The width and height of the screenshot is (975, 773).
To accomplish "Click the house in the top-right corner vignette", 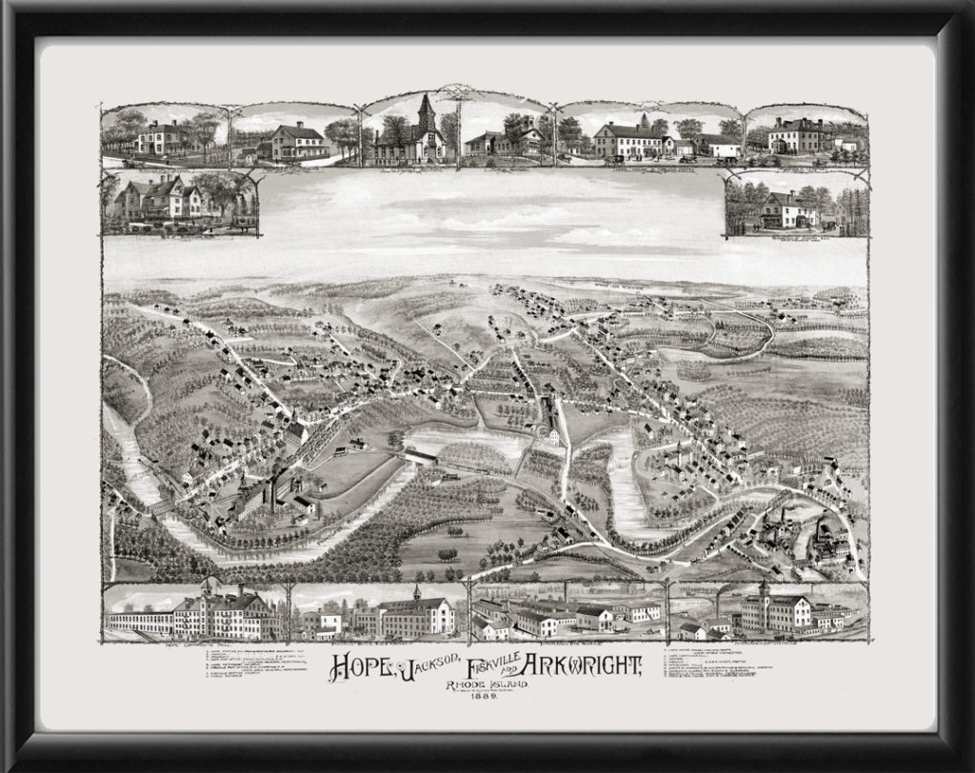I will (x=798, y=136).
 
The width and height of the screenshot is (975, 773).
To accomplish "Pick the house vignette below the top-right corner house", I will (x=788, y=208).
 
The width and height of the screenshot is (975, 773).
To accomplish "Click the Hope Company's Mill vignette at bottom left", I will (x=209, y=614).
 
